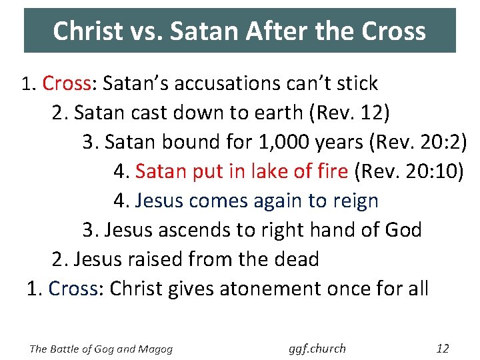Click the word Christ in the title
click(87, 31)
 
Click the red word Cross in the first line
click(67, 83)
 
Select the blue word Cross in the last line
click(73, 289)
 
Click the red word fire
click(329, 171)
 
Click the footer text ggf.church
click(317, 349)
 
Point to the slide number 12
click(442, 349)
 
